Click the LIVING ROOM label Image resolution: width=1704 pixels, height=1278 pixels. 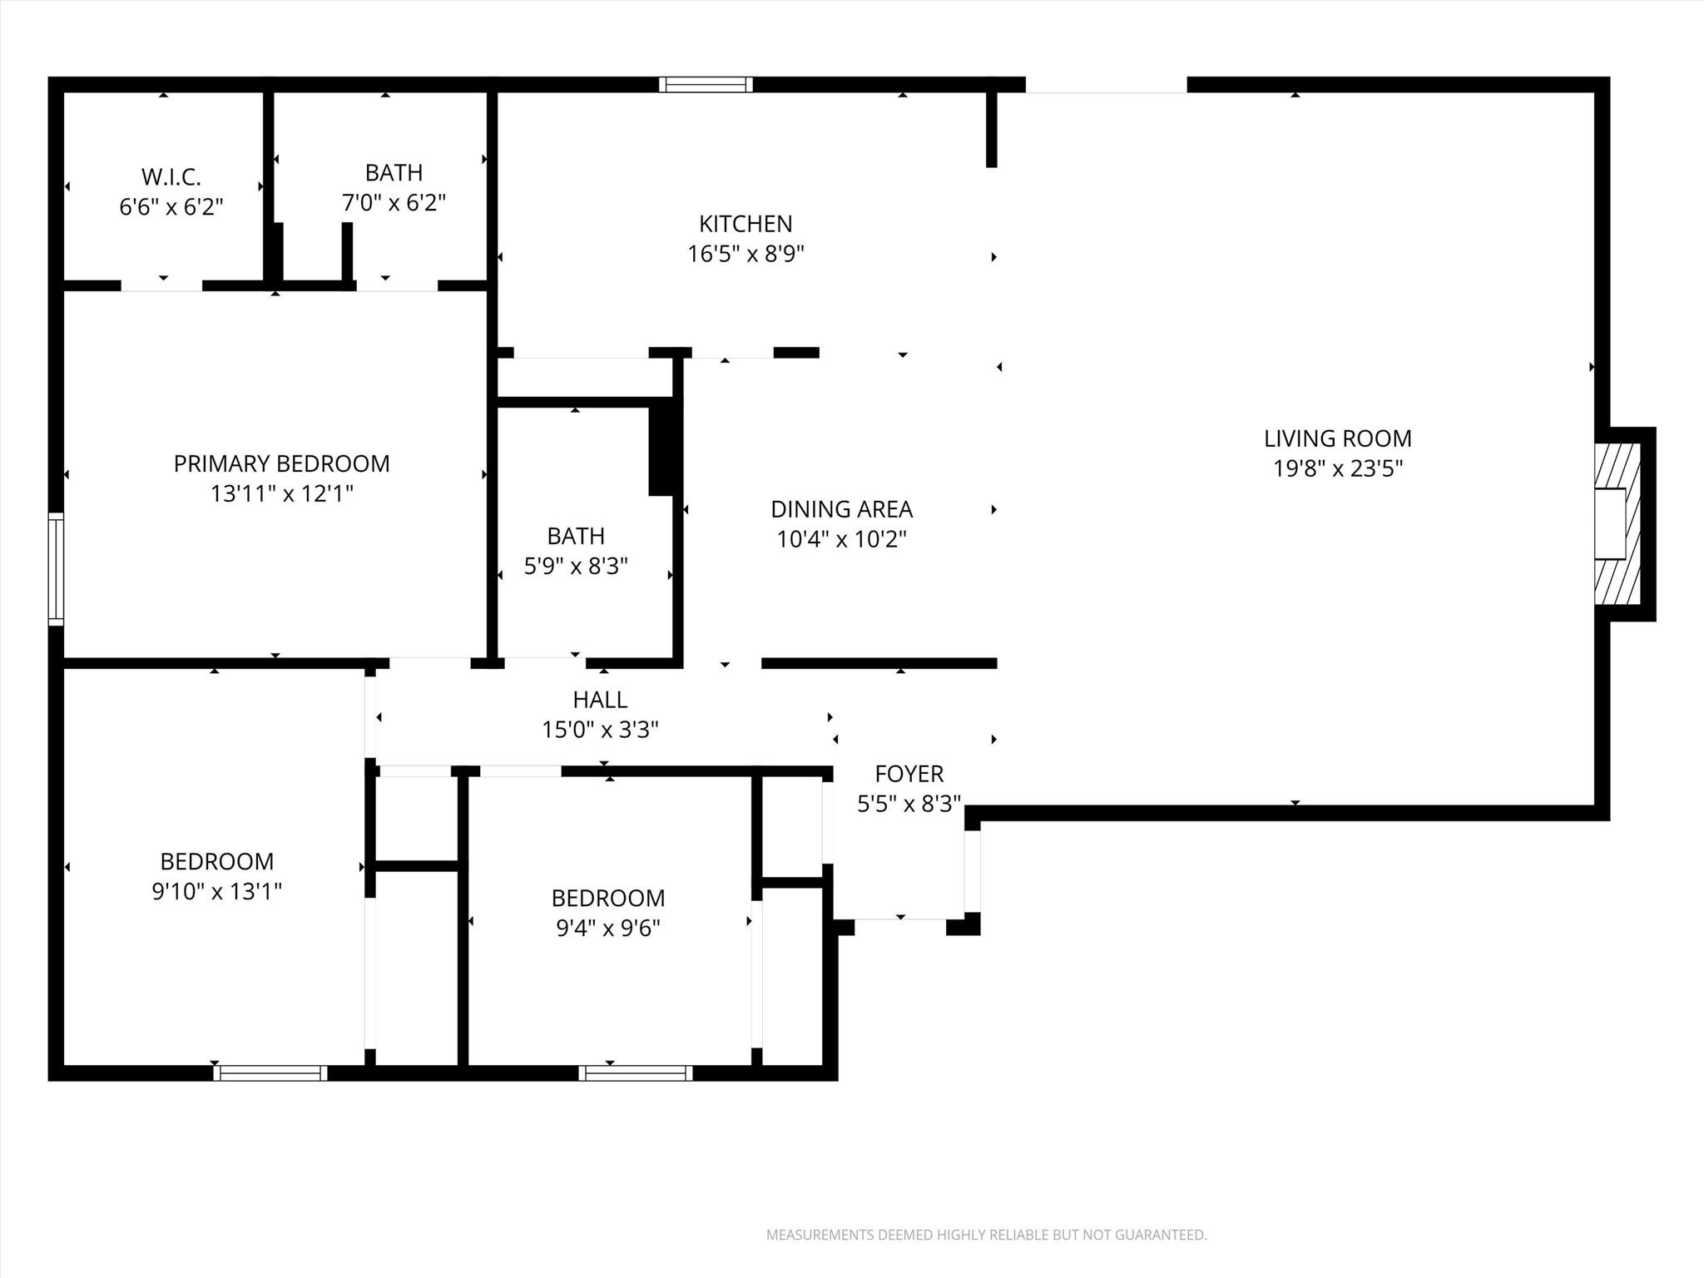pyautogui.click(x=1337, y=438)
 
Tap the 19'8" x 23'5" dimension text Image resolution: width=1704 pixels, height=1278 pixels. pyautogui.click(x=1337, y=468)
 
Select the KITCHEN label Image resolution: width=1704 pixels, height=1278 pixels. pyautogui.click(x=745, y=224)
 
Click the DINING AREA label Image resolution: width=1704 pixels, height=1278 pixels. pyautogui.click(x=841, y=509)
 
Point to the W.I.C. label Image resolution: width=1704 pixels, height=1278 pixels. pyautogui.click(x=171, y=177)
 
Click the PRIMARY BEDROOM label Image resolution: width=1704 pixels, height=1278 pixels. pyautogui.click(x=281, y=463)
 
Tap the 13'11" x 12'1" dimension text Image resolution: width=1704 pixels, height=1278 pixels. pyautogui.click(x=281, y=494)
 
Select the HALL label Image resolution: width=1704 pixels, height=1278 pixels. pyautogui.click(x=600, y=700)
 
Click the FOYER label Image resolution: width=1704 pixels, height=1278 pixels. pyautogui.click(x=909, y=774)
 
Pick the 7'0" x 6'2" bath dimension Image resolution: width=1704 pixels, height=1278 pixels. pyautogui.click(x=394, y=203)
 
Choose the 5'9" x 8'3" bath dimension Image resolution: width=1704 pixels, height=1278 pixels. pyautogui.click(x=575, y=567)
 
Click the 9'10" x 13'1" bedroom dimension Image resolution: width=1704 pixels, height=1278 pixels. pyautogui.click(x=216, y=892)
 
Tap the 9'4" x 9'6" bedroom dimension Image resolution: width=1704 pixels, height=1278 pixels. pyautogui.click(x=607, y=928)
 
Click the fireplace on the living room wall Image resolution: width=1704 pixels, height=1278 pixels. pyautogui.click(x=1617, y=523)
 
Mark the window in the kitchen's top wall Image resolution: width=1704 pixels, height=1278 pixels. pyautogui.click(x=706, y=84)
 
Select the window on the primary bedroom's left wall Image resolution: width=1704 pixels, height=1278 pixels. pyautogui.click(x=56, y=569)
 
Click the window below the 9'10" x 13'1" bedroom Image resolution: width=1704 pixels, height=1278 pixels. pyautogui.click(x=270, y=1073)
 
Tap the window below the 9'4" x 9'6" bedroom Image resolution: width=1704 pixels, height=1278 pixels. pyautogui.click(x=636, y=1073)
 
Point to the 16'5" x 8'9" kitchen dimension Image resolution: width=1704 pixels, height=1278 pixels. pyautogui.click(x=745, y=254)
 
